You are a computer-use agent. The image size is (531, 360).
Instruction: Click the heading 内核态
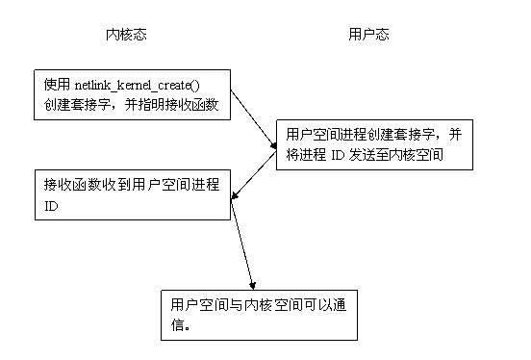click(125, 35)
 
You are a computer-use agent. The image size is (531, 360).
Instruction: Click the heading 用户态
click(368, 35)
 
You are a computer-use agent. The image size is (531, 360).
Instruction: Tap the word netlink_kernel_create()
click(149, 85)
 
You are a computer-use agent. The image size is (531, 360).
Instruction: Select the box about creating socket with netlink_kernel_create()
click(132, 94)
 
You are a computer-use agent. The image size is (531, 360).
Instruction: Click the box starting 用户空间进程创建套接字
click(374, 145)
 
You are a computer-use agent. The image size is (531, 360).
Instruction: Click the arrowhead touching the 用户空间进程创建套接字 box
click(272, 146)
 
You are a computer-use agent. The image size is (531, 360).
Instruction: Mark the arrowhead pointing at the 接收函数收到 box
click(233, 199)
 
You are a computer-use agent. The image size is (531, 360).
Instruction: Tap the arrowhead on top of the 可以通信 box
click(252, 285)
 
